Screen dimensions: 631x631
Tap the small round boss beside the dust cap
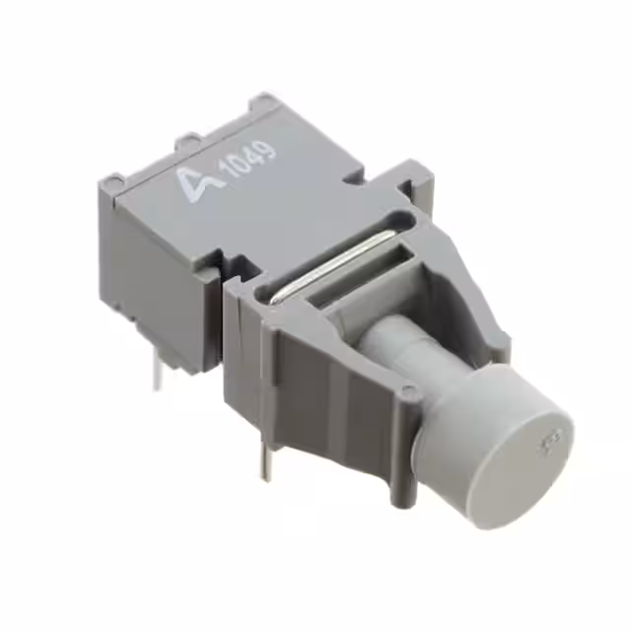tap(406, 393)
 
